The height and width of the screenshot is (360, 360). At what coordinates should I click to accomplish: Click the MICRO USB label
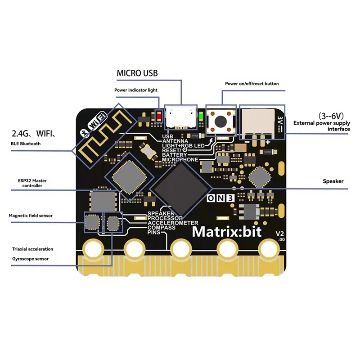[x=137, y=73]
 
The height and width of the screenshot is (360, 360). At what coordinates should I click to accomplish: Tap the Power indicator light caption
[x=136, y=90]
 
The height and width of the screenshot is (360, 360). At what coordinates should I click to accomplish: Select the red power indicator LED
[x=159, y=117]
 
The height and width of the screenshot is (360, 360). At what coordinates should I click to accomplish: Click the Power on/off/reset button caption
[x=252, y=84]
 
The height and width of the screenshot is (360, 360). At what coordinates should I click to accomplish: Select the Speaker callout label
[x=333, y=181]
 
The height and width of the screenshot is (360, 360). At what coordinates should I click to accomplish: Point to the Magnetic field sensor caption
[x=31, y=216]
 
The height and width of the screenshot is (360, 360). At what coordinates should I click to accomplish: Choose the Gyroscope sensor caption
[x=30, y=259]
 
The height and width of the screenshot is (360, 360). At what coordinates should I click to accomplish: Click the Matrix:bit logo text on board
[x=229, y=232]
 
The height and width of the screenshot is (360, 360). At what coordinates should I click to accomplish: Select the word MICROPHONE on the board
[x=180, y=160]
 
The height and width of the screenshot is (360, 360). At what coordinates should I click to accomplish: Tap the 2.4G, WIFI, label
[x=33, y=133]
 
